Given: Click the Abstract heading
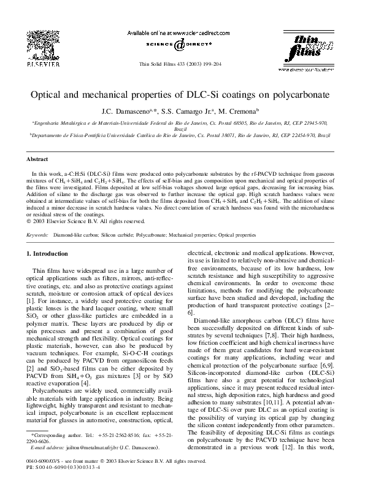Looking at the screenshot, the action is point(35,159).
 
